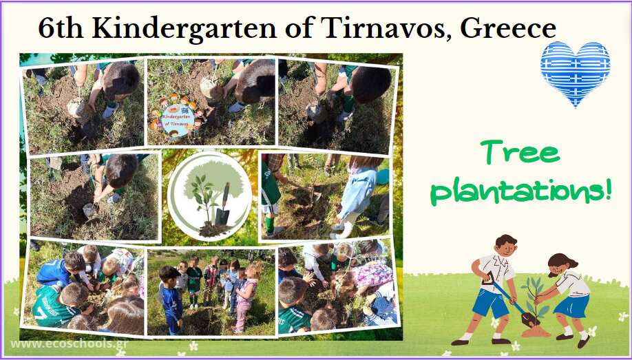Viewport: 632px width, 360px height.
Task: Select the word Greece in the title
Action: [508, 28]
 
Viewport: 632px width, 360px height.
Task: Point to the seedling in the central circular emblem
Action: [204, 199]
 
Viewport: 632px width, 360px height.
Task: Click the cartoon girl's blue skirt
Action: [571, 306]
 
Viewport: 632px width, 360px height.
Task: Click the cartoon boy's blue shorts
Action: [491, 303]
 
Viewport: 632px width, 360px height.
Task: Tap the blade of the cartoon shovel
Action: [529, 319]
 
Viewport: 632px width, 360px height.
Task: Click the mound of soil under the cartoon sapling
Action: [536, 332]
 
